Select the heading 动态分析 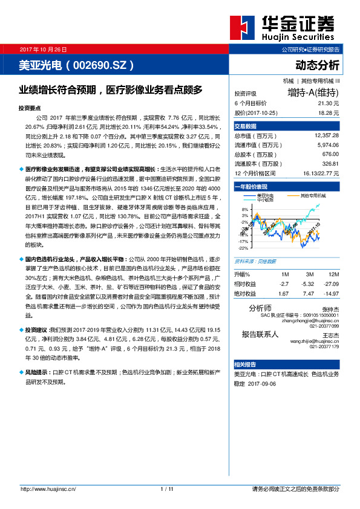(x=317, y=65)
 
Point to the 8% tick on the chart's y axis (x=244, y=209)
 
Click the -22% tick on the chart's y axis (x=243, y=248)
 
